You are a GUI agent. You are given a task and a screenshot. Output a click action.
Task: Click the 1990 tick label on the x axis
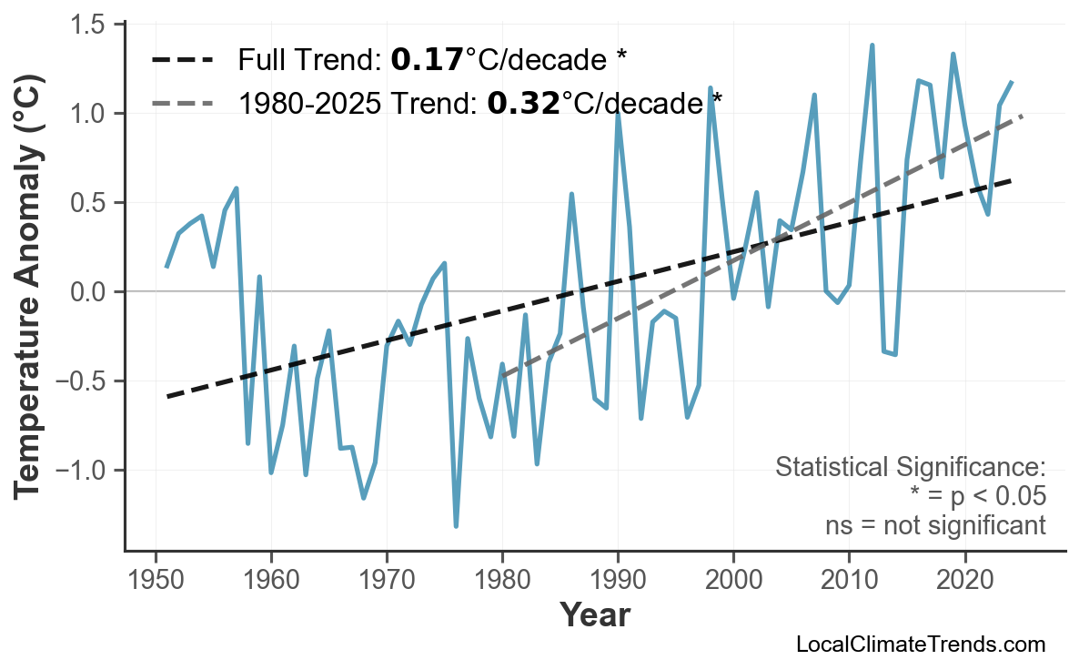point(618,580)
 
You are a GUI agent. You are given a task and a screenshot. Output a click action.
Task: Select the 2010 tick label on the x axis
point(849,580)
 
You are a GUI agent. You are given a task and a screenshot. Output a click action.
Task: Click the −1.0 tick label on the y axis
point(87,471)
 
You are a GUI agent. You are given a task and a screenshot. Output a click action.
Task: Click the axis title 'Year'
point(594,615)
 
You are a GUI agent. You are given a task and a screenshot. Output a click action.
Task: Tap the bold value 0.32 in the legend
point(523,103)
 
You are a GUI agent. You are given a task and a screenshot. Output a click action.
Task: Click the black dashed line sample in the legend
point(183,61)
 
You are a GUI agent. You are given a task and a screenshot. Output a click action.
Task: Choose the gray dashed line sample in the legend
point(183,103)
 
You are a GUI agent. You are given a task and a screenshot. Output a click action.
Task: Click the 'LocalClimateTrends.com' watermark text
point(920,645)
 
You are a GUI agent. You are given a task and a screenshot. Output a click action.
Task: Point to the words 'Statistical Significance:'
point(910,468)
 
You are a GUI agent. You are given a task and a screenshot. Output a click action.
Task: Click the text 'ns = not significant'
point(935,525)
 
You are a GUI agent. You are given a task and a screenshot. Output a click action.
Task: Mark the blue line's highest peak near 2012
point(872,45)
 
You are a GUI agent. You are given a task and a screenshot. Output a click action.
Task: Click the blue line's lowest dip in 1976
point(456,525)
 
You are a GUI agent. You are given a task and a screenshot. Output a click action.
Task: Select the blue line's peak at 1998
point(711,88)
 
